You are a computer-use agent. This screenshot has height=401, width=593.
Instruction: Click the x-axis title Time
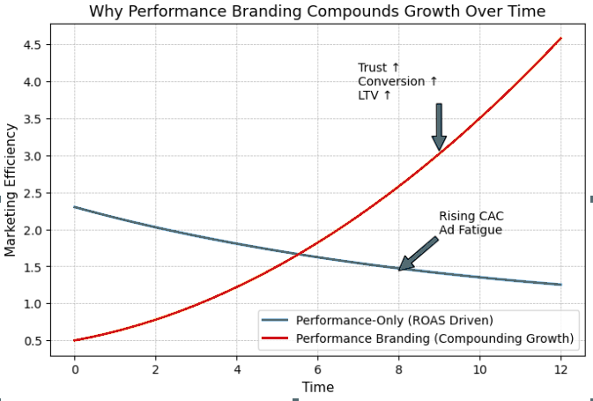point(317,387)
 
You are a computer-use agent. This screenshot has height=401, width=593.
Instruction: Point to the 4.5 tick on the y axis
point(33,45)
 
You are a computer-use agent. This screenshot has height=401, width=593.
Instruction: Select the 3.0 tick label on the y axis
point(33,156)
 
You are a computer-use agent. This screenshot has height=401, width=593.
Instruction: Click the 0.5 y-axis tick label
point(33,341)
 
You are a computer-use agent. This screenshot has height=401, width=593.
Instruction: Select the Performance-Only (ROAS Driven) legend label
point(394,320)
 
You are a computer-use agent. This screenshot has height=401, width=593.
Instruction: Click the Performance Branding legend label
point(434,338)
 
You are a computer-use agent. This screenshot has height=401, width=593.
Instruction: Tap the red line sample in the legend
point(277,338)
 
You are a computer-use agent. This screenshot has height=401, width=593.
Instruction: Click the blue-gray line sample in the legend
point(277,320)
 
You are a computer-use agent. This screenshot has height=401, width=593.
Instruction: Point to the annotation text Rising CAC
point(471,217)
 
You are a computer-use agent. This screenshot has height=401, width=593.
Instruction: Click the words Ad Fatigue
point(471,230)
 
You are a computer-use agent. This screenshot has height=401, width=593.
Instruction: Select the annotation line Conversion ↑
point(397,81)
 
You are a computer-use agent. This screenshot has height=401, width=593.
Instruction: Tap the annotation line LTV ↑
point(374,94)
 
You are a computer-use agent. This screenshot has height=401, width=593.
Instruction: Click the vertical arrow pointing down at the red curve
point(439,127)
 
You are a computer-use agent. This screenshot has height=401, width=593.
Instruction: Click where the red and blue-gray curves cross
point(301,254)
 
